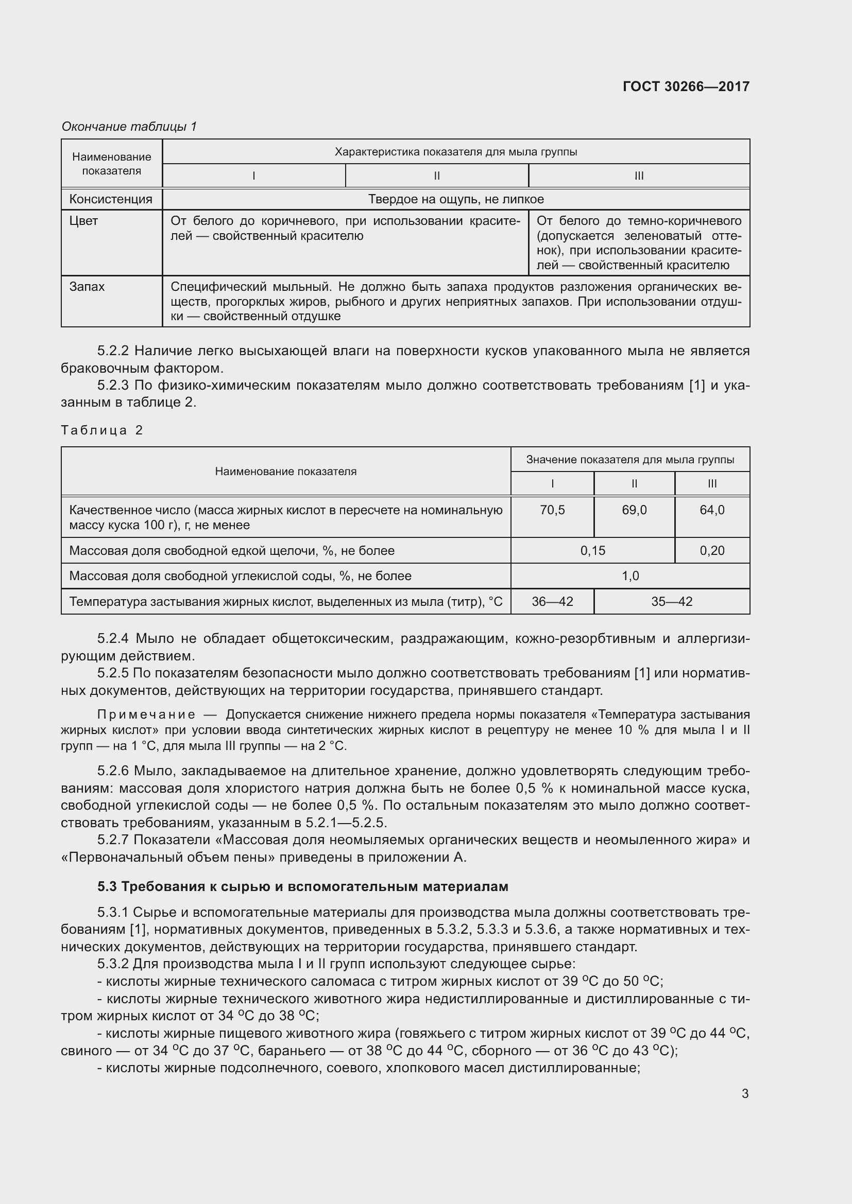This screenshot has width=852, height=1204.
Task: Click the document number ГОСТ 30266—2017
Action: click(686, 86)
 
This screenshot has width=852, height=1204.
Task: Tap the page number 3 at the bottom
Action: click(745, 1093)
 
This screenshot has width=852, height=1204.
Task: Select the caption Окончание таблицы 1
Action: click(129, 127)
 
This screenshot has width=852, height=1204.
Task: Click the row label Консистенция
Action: click(111, 199)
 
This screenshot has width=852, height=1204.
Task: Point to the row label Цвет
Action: click(83, 221)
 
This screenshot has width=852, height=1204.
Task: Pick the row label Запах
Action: click(87, 287)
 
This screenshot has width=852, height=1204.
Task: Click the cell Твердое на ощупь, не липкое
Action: click(455, 199)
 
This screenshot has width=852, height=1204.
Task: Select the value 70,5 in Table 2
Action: click(552, 510)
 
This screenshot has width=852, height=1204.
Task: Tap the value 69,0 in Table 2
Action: click(634, 510)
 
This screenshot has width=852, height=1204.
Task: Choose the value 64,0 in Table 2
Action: click(712, 510)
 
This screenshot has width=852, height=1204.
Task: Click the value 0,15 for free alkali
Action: click(592, 551)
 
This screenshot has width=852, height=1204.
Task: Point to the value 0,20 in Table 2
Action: click(712, 551)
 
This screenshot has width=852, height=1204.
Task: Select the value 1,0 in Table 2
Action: click(630, 576)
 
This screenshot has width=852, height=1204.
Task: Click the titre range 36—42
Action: click(552, 601)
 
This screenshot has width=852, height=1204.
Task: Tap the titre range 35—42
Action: click(672, 601)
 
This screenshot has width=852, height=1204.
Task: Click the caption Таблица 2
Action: click(102, 430)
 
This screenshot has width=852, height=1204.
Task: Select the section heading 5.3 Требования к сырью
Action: click(303, 887)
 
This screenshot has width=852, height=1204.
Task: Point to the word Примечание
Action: click(146, 715)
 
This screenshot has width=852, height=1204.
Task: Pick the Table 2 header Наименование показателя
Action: click(285, 472)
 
